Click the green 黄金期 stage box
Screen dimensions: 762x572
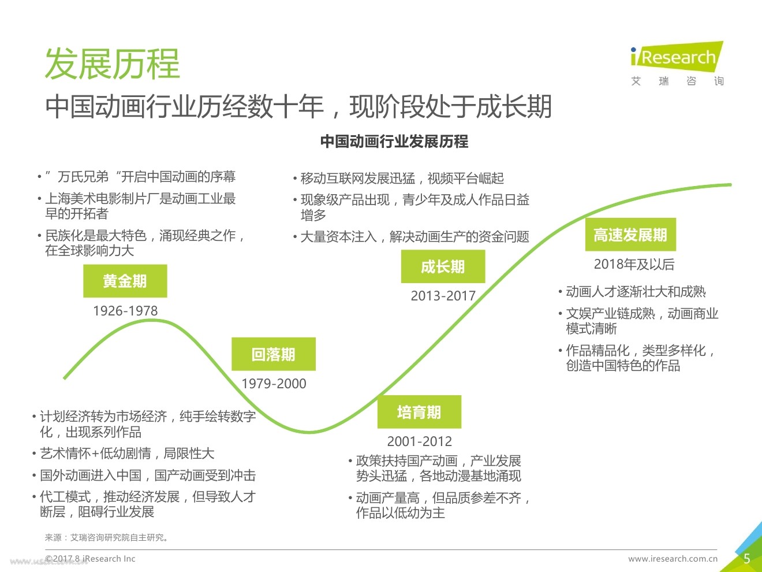tap(125, 281)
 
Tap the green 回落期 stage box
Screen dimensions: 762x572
tap(274, 354)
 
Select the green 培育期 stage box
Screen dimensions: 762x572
tap(419, 412)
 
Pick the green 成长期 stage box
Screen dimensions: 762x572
tap(443, 267)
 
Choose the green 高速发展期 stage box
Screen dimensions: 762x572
tap(630, 235)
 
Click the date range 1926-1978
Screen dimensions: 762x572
tap(125, 311)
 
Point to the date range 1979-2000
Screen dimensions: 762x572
tap(274, 384)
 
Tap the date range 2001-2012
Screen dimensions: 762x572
tap(420, 441)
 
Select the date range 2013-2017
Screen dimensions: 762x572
tap(443, 296)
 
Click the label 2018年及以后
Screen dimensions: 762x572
tap(634, 265)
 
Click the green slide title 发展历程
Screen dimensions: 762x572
tap(113, 64)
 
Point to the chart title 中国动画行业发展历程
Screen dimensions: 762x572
tap(394, 142)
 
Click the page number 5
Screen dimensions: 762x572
tap(746, 559)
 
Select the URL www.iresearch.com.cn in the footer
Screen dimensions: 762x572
tap(673, 559)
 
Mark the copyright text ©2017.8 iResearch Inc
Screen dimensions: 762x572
tap(90, 559)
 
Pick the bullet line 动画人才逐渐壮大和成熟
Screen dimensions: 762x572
tap(636, 292)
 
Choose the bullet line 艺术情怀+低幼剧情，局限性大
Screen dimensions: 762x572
tap(127, 454)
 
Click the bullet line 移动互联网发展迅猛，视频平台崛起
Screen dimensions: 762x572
tap(402, 179)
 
